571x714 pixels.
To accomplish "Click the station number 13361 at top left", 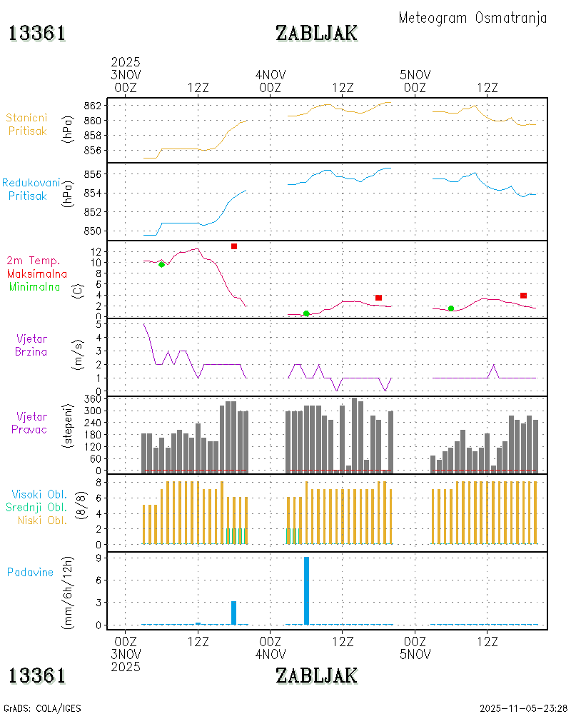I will [37, 33].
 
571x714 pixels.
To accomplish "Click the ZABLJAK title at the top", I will [316, 33].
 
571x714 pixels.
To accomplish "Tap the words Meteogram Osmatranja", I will [473, 18].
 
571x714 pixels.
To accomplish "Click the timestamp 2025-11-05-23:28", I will [523, 708].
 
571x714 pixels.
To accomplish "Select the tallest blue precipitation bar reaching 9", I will [306, 590].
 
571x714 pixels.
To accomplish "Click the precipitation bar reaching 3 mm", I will [233, 613].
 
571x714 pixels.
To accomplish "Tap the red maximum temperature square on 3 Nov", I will [234, 246].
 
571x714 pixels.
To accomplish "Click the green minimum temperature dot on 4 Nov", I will [306, 313].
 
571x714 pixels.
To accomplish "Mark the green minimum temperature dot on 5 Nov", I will [451, 308].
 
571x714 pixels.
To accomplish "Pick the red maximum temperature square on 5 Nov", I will [523, 296].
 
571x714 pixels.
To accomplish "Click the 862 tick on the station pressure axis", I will [92, 106].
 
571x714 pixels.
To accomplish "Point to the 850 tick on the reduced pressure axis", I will [92, 231].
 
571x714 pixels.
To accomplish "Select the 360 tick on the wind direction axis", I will [92, 399].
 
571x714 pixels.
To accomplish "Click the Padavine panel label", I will [30, 572].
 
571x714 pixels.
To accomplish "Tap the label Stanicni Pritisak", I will [28, 124].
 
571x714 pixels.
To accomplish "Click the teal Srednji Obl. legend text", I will [39, 507].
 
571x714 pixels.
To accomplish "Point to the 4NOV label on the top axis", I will [271, 75].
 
